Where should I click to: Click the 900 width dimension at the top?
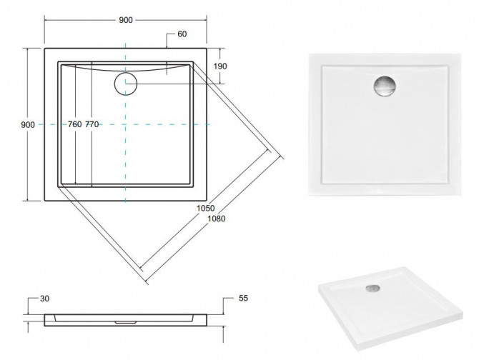[x=125, y=20]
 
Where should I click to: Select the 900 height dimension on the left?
[x=29, y=124]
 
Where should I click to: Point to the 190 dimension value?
[x=220, y=66]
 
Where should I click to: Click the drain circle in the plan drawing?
[x=125, y=83]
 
